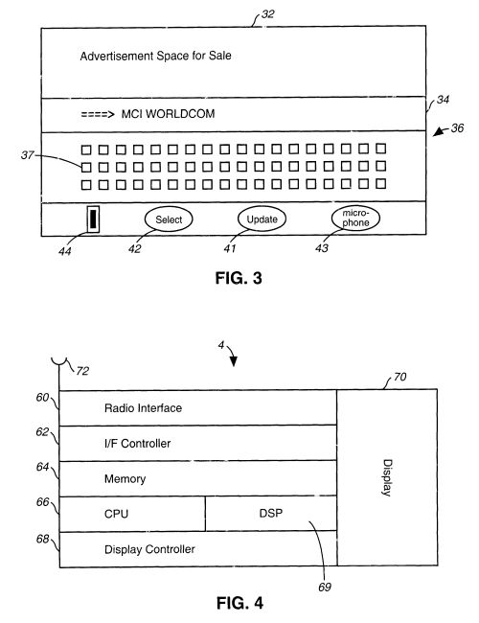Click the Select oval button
pos(169,219)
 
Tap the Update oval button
pos(262,219)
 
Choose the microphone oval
pos(355,218)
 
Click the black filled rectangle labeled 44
pos(93,219)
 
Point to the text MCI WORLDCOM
pos(168,114)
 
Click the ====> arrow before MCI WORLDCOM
pos(98,115)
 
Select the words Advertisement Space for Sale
pos(156,56)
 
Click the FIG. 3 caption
pos(239,278)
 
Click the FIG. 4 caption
pos(239,603)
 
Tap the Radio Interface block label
pos(143,408)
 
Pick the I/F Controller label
pos(137,444)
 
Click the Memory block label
pos(125,479)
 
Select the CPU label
pos(116,514)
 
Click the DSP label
pos(271,514)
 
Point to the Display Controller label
pos(149,549)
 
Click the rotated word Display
pos(387,477)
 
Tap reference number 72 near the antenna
pos(82,371)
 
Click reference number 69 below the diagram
pos(325,588)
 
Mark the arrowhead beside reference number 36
pos(438,132)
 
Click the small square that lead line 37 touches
pos(86,168)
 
